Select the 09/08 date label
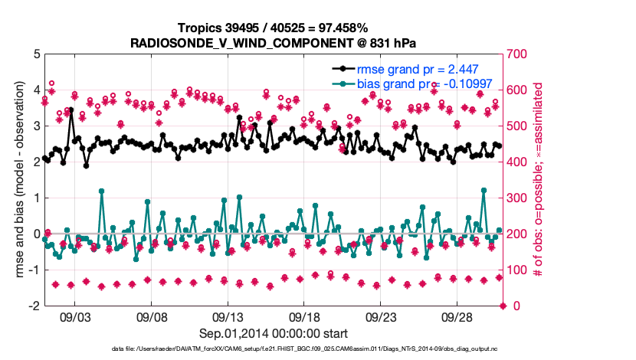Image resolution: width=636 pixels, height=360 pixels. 152,316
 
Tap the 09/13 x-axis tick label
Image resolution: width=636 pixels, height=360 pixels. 228,316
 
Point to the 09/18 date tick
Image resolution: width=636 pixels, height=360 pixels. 304,316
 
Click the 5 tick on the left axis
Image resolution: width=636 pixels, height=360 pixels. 37,54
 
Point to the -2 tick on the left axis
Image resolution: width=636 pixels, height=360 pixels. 34,306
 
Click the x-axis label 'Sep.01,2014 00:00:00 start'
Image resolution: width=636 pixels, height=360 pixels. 273,333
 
